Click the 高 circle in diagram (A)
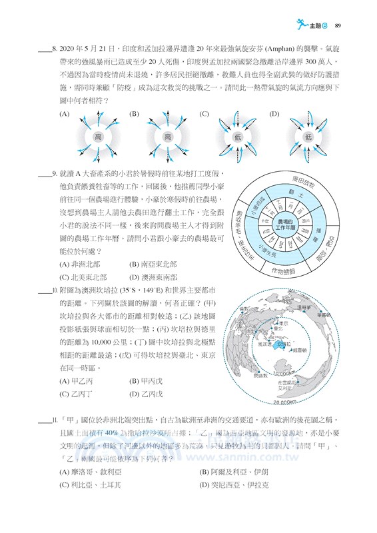coord(98,137)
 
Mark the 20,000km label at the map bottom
coord(285,402)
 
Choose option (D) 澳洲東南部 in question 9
coord(153,277)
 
